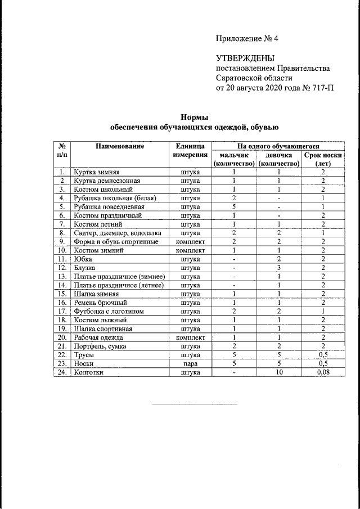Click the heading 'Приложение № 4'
point(247,39)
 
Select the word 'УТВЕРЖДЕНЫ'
point(245,58)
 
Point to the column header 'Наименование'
point(119,146)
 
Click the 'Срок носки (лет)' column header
point(323,159)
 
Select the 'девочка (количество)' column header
point(278,159)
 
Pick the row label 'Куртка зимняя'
point(96,172)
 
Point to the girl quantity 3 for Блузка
point(278,268)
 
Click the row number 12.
point(62,268)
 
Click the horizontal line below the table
point(195,403)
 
